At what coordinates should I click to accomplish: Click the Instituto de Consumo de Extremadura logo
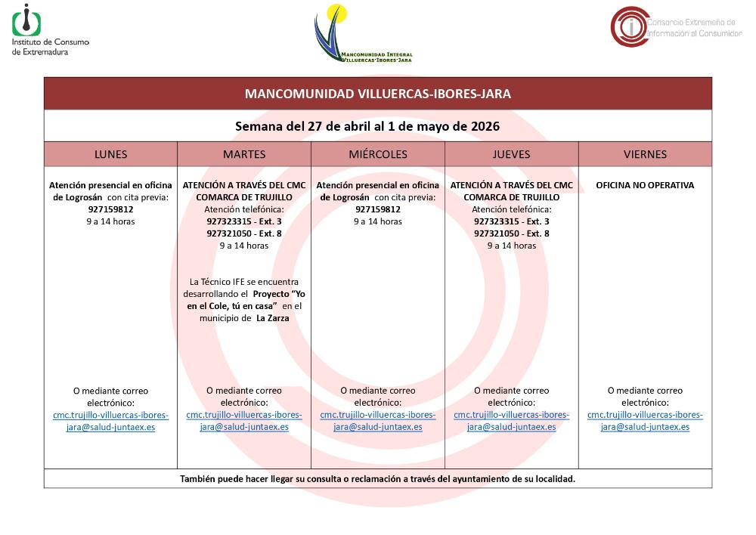coord(50,29)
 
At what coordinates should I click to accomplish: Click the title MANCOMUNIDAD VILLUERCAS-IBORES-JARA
coord(378,94)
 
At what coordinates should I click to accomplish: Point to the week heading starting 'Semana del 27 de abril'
coord(378,126)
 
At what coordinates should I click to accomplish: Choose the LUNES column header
coord(110,154)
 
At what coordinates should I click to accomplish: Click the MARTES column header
coord(244,154)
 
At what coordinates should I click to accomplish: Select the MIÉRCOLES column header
coord(378,154)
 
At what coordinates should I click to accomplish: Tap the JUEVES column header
coord(512,154)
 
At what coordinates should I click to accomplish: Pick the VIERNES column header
coord(645,154)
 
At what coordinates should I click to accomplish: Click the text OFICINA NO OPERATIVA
coord(645,185)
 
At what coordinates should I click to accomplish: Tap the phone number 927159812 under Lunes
coord(110,209)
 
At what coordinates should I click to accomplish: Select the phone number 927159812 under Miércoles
coord(378,209)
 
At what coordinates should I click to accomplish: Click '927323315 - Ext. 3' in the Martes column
coord(244,221)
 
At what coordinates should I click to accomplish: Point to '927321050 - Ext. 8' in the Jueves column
coord(512,233)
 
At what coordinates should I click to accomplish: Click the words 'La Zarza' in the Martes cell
coord(273,318)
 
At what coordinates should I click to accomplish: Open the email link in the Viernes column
coord(645,421)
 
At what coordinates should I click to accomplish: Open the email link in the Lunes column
coord(110,421)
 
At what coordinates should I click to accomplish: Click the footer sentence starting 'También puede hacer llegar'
coord(378,479)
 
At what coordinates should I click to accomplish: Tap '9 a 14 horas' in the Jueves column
coord(512,246)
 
